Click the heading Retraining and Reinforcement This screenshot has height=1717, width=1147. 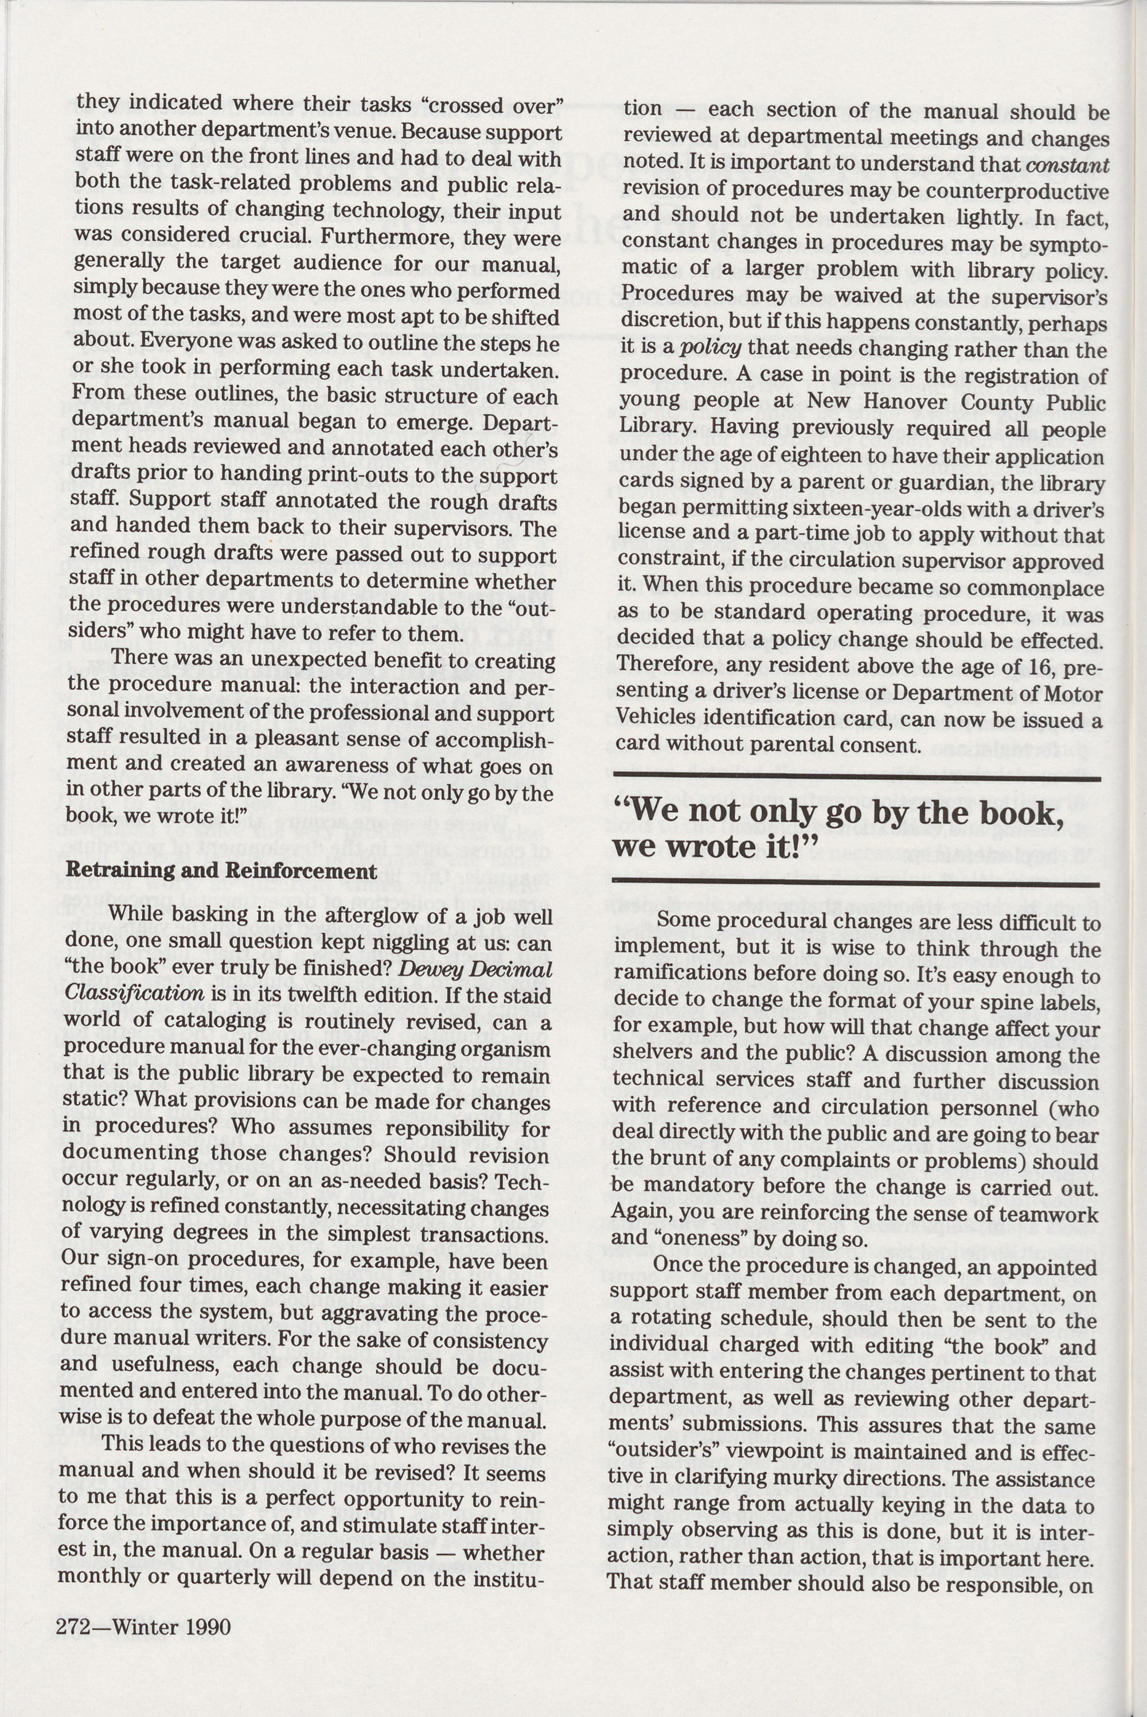click(221, 871)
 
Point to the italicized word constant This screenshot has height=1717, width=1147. click(1067, 165)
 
